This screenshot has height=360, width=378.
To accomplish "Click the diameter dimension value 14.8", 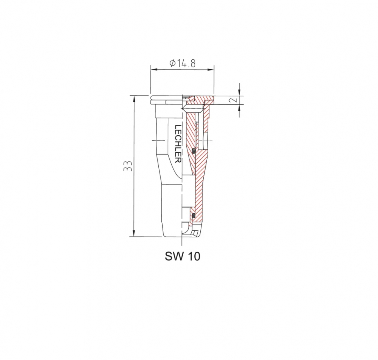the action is click(186, 64).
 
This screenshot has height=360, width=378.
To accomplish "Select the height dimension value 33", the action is click(128, 166).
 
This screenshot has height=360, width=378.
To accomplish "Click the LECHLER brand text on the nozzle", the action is click(178, 144).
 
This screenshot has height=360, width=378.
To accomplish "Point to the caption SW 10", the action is click(183, 256).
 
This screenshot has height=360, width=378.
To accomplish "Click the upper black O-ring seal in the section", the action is click(193, 151).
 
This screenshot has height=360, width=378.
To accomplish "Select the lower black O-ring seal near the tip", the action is click(193, 215).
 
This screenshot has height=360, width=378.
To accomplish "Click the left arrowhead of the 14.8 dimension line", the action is click(154, 70).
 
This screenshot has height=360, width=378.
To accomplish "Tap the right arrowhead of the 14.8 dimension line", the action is click(211, 70).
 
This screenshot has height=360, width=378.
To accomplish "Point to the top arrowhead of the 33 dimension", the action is click(134, 99).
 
